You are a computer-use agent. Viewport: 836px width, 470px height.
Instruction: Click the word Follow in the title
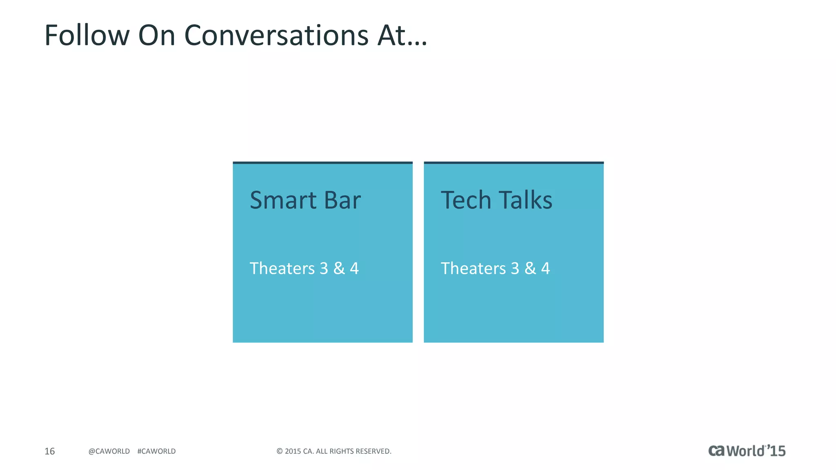pyautogui.click(x=87, y=35)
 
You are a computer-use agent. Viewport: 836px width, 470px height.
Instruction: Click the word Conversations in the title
pyautogui.click(x=276, y=35)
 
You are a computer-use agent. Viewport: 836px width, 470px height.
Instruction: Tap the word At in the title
pyautogui.click(x=391, y=35)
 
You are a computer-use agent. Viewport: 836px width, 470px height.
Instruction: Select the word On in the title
pyautogui.click(x=157, y=35)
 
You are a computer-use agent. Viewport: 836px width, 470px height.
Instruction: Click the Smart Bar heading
pyautogui.click(x=305, y=200)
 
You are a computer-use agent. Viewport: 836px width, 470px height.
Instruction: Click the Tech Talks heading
pyautogui.click(x=496, y=200)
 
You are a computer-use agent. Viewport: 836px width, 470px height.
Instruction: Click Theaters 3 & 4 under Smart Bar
pyautogui.click(x=304, y=268)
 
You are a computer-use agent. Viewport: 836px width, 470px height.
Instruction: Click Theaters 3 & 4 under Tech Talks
pyautogui.click(x=495, y=268)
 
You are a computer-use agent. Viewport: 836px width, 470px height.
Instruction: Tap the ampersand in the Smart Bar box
pyautogui.click(x=339, y=268)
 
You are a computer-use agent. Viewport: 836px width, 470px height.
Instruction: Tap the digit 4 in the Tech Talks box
pyautogui.click(x=545, y=268)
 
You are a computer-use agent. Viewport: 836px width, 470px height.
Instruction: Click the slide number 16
pyautogui.click(x=49, y=451)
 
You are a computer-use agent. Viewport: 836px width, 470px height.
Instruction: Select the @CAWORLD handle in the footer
pyautogui.click(x=109, y=451)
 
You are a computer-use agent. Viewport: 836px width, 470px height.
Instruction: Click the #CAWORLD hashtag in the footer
pyautogui.click(x=156, y=451)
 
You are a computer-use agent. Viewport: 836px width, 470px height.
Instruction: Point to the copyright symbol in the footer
pyautogui.click(x=280, y=451)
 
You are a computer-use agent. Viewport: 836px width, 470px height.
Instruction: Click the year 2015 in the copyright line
pyautogui.click(x=293, y=451)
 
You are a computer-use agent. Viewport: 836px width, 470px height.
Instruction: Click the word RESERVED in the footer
pyautogui.click(x=373, y=451)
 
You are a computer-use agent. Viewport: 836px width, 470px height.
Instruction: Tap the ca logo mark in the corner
pyautogui.click(x=716, y=451)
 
